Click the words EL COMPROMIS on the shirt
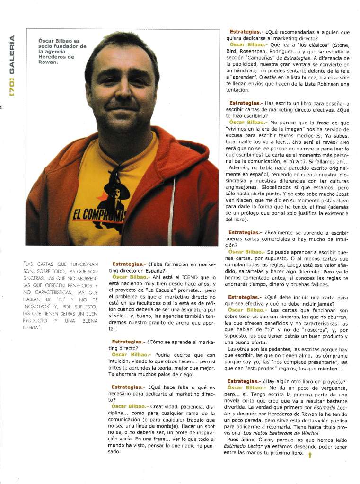tap(99, 216)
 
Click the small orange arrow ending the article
tap(310, 454)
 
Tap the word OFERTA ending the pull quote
tap(32, 328)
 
